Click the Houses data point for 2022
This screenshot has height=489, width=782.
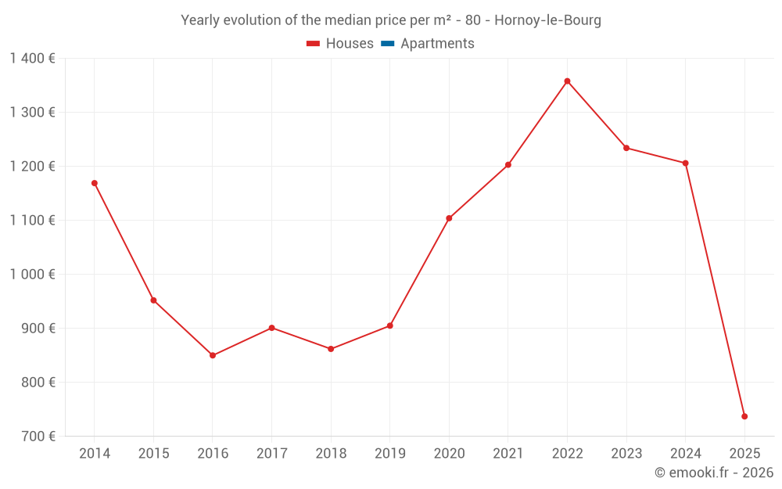pos(567,81)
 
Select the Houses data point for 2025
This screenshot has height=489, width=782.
pos(744,416)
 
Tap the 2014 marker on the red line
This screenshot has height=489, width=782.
pos(95,183)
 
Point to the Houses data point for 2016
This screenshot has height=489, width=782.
pos(213,355)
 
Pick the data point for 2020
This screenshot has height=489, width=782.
pos(449,218)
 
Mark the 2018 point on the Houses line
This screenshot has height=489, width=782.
pos(331,349)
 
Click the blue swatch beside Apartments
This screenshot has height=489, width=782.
pos(387,44)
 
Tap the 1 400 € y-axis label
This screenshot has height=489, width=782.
pos(33,59)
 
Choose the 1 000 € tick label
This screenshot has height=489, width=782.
pos(33,275)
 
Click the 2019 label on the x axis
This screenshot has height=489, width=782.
pos(389,454)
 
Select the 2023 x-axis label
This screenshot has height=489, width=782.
pos(626,454)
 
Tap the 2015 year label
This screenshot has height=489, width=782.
pos(153,454)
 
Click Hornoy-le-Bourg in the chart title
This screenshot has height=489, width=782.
pos(547,20)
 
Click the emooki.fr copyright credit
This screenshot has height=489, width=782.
pos(714,473)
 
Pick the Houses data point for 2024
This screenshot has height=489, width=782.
pos(685,163)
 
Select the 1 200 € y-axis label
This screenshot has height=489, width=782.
pos(33,167)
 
